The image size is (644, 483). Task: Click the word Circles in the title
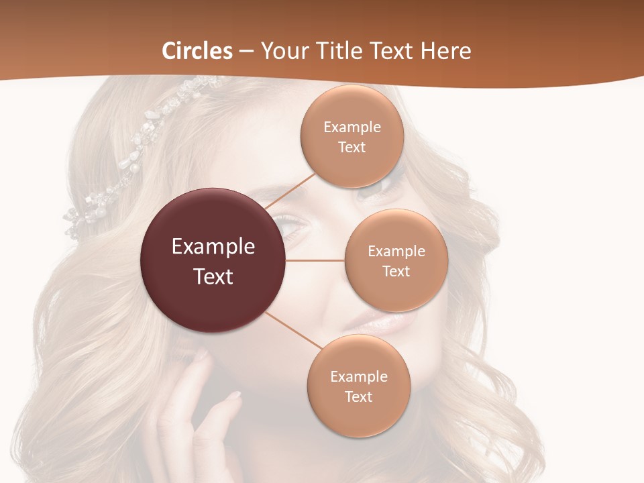197,51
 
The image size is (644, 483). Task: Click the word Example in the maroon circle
213,247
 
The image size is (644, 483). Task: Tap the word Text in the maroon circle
213,276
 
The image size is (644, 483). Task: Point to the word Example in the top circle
352,127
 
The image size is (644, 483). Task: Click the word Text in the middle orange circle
396,272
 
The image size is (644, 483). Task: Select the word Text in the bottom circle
358,397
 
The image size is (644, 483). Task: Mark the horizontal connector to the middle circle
315,260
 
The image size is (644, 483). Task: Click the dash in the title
246,52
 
